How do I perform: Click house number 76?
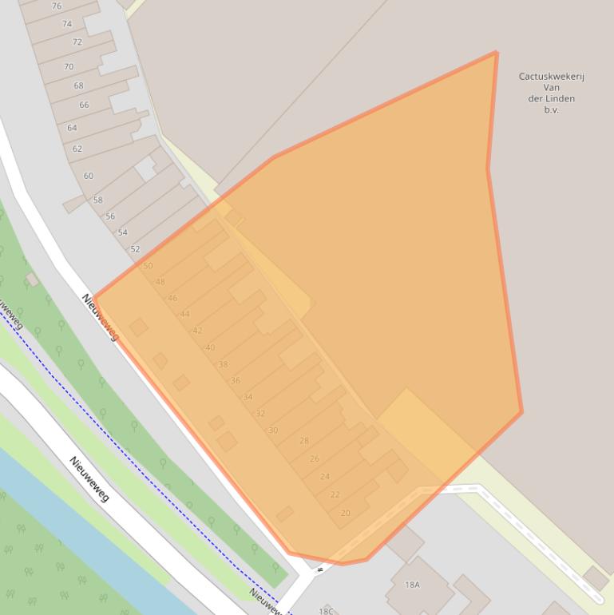point(56,6)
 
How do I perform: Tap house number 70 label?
point(69,67)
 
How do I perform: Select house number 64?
point(72,128)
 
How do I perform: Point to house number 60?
point(88,176)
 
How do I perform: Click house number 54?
point(122,232)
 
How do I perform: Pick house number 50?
point(148,266)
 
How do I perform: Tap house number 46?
point(172,298)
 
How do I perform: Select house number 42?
point(197,331)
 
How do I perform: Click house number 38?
point(223,364)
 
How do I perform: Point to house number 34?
point(248,397)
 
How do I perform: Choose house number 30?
point(273,430)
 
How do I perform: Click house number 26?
point(315,458)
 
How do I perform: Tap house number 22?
point(335,494)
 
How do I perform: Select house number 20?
point(345,513)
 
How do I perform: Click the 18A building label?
point(412,585)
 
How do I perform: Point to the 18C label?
point(326,611)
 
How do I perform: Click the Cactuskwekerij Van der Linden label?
point(552,93)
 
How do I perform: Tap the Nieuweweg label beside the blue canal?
point(89,478)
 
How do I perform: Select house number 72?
point(77,42)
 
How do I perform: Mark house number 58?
point(97,200)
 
